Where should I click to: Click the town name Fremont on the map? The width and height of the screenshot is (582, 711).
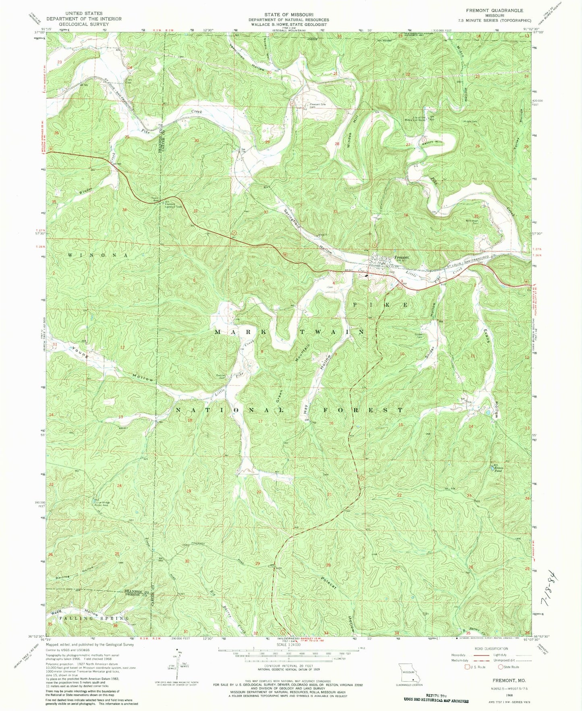point(402,257)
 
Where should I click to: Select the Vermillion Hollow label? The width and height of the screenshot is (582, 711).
point(247,57)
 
